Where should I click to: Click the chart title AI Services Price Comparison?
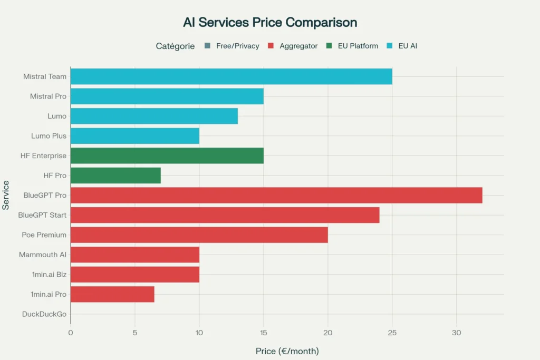[270, 23]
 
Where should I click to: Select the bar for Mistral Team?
[231, 76]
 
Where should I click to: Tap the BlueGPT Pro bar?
[276, 195]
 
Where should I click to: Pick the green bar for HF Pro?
[115, 175]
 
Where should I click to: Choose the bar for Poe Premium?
[199, 235]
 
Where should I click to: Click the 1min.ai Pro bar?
[112, 294]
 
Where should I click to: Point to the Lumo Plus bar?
[134, 135]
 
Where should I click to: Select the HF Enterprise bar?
[167, 155]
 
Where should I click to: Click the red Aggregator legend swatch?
[270, 46]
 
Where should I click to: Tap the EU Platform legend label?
[358, 46]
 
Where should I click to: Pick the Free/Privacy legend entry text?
[237, 46]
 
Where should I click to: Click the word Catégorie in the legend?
[175, 46]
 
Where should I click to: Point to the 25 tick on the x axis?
[392, 333]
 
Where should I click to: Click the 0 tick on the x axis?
[71, 333]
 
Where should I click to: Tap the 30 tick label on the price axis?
[456, 333]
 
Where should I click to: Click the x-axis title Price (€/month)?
[287, 351]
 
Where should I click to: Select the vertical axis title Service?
[6, 195]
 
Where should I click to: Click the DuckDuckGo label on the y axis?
[44, 314]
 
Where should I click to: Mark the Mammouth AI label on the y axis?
[43, 255]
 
